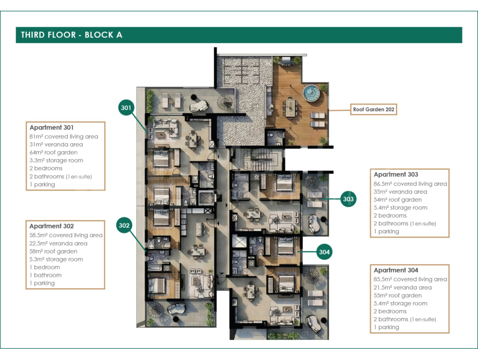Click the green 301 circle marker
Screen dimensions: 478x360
(x=126, y=107)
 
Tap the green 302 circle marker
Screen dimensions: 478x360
(x=124, y=225)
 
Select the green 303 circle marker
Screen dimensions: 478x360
(x=348, y=199)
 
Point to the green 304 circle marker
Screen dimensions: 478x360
(x=324, y=252)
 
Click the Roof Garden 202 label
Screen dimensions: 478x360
(x=373, y=109)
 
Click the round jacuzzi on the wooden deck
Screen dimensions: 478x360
(x=311, y=92)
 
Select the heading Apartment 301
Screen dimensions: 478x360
(x=51, y=127)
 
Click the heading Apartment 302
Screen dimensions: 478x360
(x=51, y=226)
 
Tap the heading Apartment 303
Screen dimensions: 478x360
(x=396, y=174)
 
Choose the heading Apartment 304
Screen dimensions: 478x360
(x=396, y=270)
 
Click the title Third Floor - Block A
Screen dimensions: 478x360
(x=71, y=35)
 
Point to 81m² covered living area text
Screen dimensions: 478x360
(x=63, y=136)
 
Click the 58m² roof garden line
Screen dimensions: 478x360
(x=53, y=252)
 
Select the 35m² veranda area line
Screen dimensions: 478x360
(x=400, y=192)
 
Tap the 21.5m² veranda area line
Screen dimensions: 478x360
(x=403, y=288)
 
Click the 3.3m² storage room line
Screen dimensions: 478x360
(x=56, y=160)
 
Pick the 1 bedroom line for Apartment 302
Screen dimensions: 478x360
(x=44, y=268)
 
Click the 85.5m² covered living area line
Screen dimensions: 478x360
(x=410, y=279)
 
